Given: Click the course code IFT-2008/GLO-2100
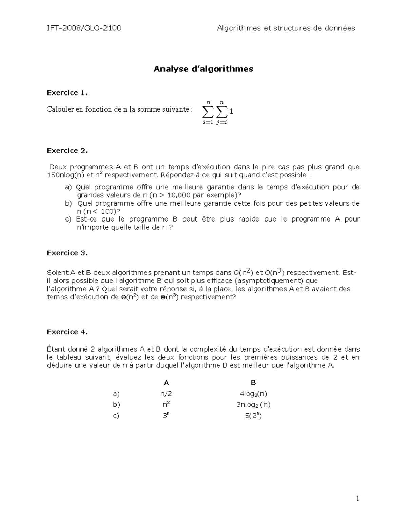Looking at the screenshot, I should pos(84,28).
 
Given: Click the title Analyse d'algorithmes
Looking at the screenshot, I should pos(203,69).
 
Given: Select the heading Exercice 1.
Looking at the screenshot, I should pos(67,93).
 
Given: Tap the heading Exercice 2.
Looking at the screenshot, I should pos(67,151).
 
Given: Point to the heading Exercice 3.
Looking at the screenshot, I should pos(67,253).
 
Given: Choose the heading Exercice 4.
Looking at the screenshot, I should pos(67,332).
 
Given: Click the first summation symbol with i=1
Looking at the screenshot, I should pos(208,112).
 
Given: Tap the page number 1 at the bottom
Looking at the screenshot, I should pos(357,498).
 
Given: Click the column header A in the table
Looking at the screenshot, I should pos(166,383).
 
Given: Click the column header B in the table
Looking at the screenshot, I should pos(253,383).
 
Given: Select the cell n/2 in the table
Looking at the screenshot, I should pos(166,394).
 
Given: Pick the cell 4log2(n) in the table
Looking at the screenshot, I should pos(253,394).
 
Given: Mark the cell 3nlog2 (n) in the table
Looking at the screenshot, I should pos(253,405).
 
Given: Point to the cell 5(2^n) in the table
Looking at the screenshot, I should pos(253,416).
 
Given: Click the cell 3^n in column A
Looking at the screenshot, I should pos(166,416).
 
